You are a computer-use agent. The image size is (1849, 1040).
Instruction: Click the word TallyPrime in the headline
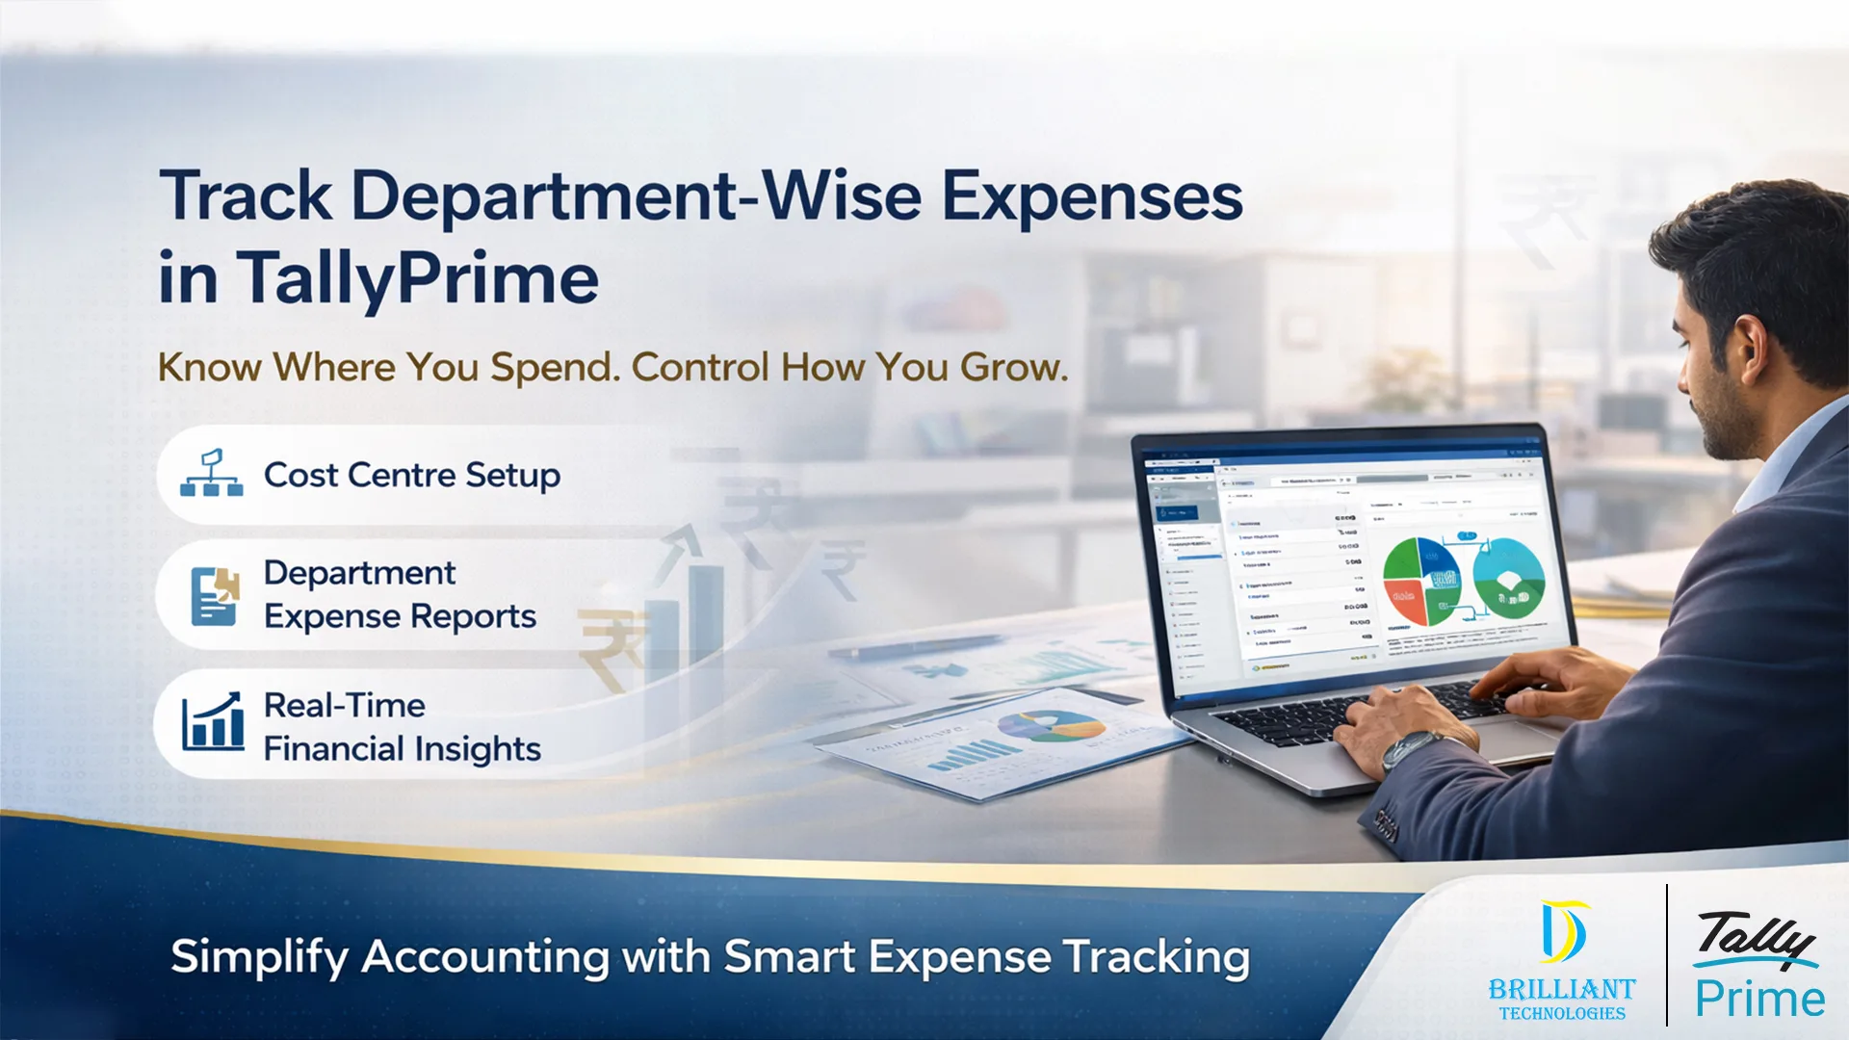click(x=418, y=279)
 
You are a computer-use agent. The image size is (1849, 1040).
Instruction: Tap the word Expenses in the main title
click(x=1091, y=197)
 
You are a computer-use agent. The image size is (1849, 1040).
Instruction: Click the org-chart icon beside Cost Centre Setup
click(x=211, y=474)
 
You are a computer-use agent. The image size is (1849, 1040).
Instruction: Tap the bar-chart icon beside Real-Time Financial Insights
click(x=213, y=722)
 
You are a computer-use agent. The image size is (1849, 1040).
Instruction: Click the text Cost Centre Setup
click(x=411, y=475)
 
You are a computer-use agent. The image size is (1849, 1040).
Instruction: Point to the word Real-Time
click(x=344, y=705)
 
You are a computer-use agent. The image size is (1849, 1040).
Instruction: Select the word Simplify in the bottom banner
click(x=259, y=957)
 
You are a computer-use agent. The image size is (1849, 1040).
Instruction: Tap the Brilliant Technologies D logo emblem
click(x=1562, y=931)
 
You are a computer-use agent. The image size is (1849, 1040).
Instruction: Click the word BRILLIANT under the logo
click(x=1561, y=989)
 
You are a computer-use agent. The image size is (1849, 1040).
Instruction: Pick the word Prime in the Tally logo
click(x=1759, y=999)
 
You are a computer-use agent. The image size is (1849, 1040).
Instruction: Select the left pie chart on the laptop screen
click(x=1421, y=582)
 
